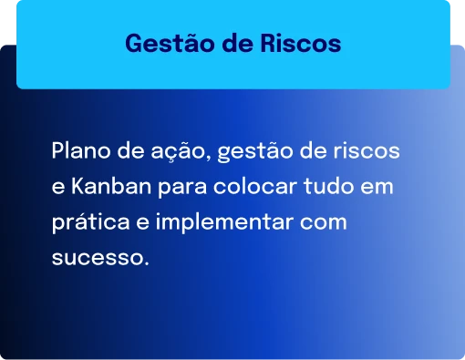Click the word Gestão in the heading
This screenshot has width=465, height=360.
coord(170,44)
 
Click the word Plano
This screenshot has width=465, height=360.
coord(81,150)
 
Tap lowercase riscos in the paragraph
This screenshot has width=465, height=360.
coord(367,150)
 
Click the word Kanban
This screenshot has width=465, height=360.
coord(111,186)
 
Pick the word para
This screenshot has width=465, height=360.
coord(182,188)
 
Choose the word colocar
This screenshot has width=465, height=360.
coord(255,186)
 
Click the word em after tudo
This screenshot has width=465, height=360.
coord(377,188)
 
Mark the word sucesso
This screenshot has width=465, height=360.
coord(98,259)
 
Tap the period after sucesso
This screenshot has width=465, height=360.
coord(147,263)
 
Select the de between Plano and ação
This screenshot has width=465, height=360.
coord(131,150)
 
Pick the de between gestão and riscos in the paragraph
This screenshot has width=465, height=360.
coord(314,150)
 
